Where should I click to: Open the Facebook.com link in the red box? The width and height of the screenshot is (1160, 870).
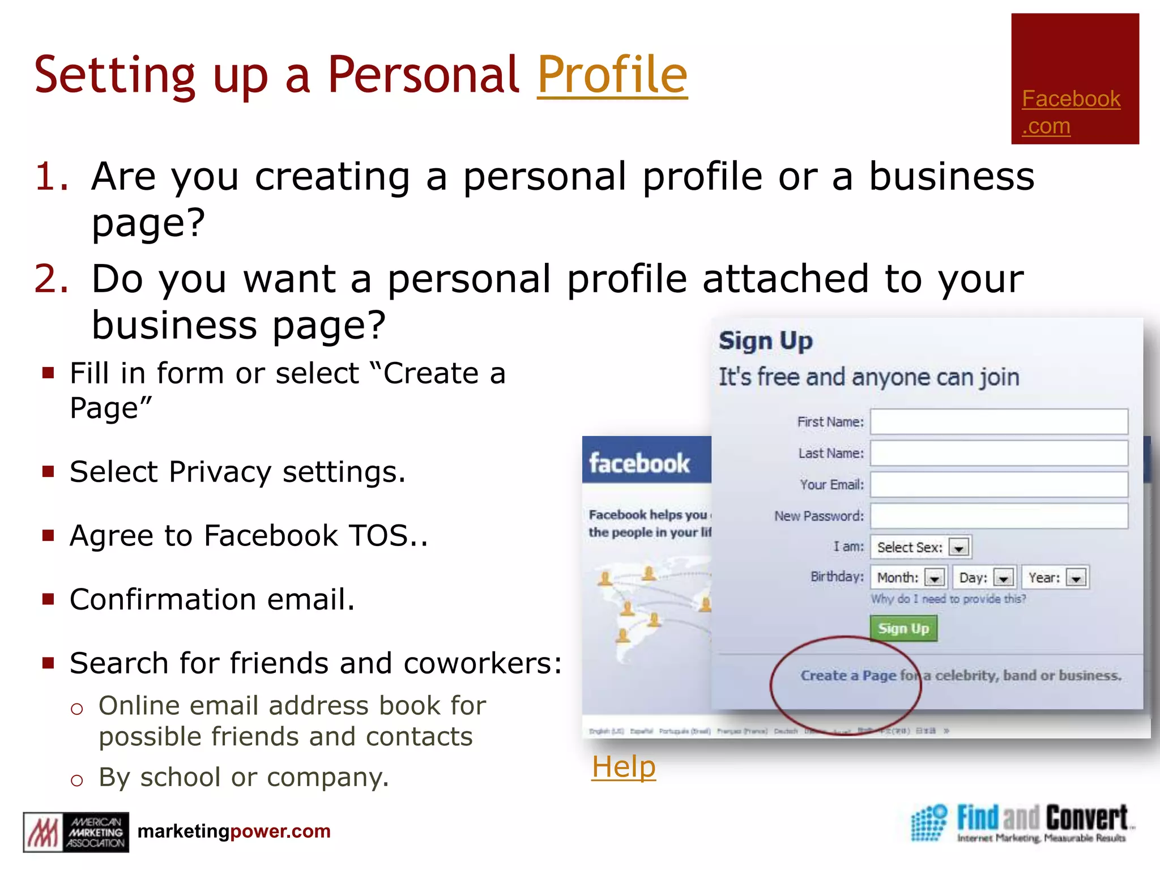[1071, 112]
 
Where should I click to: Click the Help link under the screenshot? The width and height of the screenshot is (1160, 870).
[624, 767]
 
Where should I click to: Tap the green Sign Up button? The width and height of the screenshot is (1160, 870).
[903, 629]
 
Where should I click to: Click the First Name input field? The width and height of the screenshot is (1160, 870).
[999, 422]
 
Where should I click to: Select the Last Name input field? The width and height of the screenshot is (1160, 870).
[999, 453]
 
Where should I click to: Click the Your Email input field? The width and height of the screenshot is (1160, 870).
[999, 485]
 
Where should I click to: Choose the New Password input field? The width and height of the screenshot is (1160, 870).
[999, 516]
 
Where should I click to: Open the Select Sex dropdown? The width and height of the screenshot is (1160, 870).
[921, 547]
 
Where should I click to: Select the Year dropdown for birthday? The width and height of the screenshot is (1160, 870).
[1055, 578]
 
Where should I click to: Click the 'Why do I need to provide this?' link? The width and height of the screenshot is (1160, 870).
[948, 599]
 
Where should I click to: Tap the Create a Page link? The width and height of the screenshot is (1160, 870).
[848, 676]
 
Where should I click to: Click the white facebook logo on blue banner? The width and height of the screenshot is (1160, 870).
[639, 463]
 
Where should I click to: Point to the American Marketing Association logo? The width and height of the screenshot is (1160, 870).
[76, 832]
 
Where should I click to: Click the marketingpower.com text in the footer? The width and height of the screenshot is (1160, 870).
[234, 831]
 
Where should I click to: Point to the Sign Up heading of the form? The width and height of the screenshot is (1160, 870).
[765, 341]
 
